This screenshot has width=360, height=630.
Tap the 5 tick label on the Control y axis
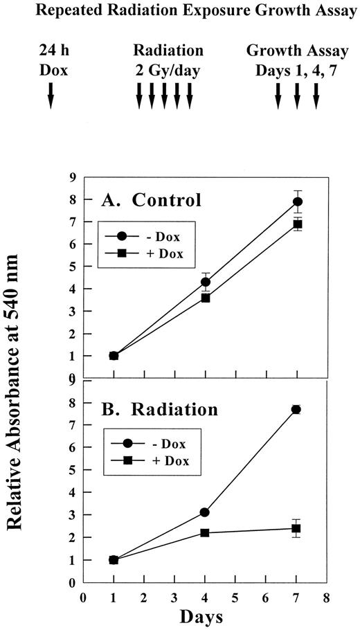coord(73,267)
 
